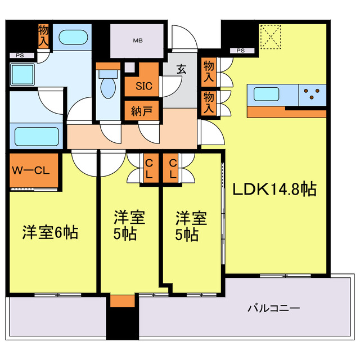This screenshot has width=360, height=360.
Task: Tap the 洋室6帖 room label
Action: (50, 232)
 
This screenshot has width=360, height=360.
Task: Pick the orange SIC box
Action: (142, 86)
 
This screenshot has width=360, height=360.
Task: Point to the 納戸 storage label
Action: (142, 110)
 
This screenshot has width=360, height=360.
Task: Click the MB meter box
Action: (138, 40)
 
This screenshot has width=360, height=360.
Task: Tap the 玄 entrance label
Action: (181, 70)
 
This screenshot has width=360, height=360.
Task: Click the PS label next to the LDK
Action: (241, 51)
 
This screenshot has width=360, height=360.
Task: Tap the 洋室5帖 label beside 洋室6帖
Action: (129, 226)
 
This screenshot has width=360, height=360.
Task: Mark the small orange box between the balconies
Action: (122, 301)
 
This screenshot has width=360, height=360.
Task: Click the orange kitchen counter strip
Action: (286, 112)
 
